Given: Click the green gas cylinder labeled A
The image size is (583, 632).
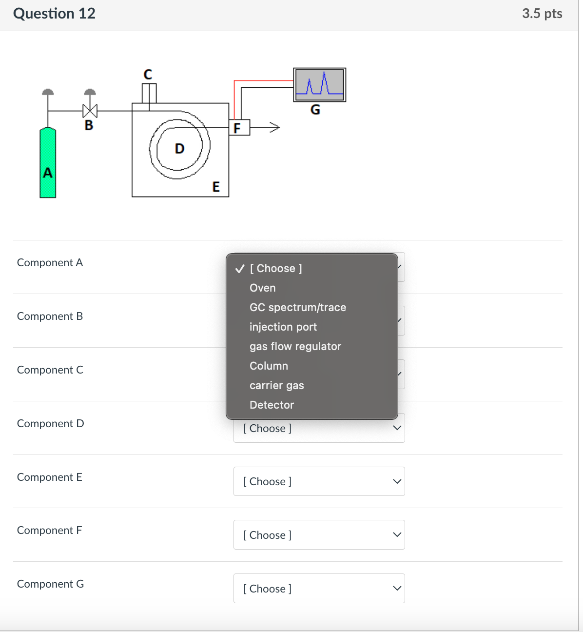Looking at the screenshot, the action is (48, 163).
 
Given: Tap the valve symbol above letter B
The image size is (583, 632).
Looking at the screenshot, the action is (90, 111).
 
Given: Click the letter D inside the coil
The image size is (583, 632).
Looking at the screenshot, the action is (179, 149).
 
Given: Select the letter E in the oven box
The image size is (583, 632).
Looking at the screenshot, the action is (216, 187).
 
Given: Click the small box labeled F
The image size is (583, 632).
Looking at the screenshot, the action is (239, 128).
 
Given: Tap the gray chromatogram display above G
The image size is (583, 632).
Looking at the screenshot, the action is (319, 84).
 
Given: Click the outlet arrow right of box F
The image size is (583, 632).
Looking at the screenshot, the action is (273, 128).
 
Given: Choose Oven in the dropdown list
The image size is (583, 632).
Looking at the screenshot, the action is (263, 288).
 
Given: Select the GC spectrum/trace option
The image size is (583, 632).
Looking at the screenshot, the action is (297, 307).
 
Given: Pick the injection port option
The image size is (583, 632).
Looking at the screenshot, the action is (283, 327).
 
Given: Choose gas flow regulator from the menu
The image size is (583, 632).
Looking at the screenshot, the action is (295, 346).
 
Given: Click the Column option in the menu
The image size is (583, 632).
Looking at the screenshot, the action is (269, 366).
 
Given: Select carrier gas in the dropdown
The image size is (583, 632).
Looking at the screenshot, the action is (276, 385).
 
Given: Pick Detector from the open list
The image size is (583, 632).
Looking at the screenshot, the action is (272, 405).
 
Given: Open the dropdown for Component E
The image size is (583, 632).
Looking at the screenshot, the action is (319, 481).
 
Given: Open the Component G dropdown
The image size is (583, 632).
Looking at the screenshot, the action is (319, 589).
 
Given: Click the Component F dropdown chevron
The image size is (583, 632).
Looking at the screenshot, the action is (397, 535).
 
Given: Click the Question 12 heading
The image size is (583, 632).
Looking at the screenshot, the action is (55, 14).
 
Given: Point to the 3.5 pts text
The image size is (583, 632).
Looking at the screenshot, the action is (542, 14).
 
